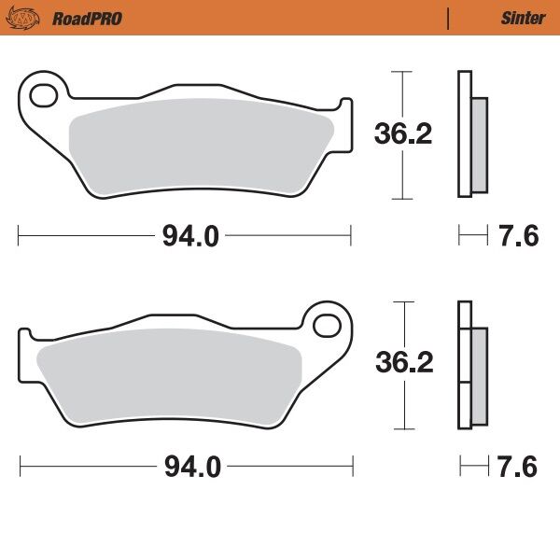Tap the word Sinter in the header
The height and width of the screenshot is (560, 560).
point(523,18)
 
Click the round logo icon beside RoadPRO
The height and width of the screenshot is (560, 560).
point(33,18)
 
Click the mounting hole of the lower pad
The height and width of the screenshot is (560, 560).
point(329,326)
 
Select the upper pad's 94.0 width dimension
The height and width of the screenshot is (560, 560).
point(190,237)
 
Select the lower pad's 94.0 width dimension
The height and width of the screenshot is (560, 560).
point(190,467)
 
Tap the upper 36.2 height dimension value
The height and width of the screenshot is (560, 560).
point(402,134)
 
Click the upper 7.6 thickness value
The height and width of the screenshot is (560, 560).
point(519,237)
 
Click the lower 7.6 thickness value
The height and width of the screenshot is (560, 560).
point(519,467)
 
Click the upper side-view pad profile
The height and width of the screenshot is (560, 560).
point(470,135)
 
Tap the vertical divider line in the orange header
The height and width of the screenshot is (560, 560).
point(449,18)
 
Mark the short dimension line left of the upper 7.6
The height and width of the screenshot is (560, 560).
point(472,237)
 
